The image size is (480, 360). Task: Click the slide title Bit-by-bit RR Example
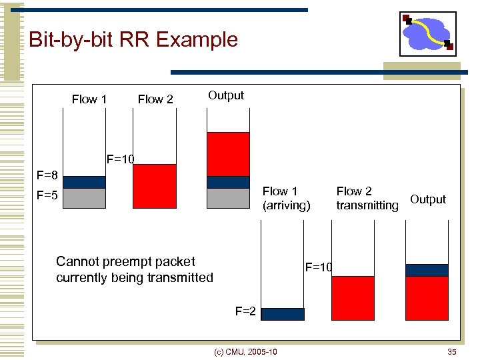pyautogui.click(x=133, y=40)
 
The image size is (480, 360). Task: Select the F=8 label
pyautogui.click(x=47, y=176)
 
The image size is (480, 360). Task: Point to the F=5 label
pyautogui.click(x=47, y=196)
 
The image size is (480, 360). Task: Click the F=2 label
pyautogui.click(x=245, y=311)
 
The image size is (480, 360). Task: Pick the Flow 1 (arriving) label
pyautogui.click(x=286, y=199)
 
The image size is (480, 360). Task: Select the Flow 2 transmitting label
pyautogui.click(x=367, y=199)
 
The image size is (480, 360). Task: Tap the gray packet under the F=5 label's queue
pyautogui.click(x=84, y=198)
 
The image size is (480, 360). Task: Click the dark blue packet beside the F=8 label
pyautogui.click(x=84, y=182)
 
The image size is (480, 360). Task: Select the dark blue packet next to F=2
pyautogui.click(x=282, y=314)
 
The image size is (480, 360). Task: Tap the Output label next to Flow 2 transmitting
pyautogui.click(x=428, y=199)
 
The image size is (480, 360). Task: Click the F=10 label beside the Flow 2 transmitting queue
pyautogui.click(x=318, y=268)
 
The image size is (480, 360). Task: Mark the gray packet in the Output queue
pyautogui.click(x=228, y=198)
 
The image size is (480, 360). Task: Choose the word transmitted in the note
pyautogui.click(x=178, y=277)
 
